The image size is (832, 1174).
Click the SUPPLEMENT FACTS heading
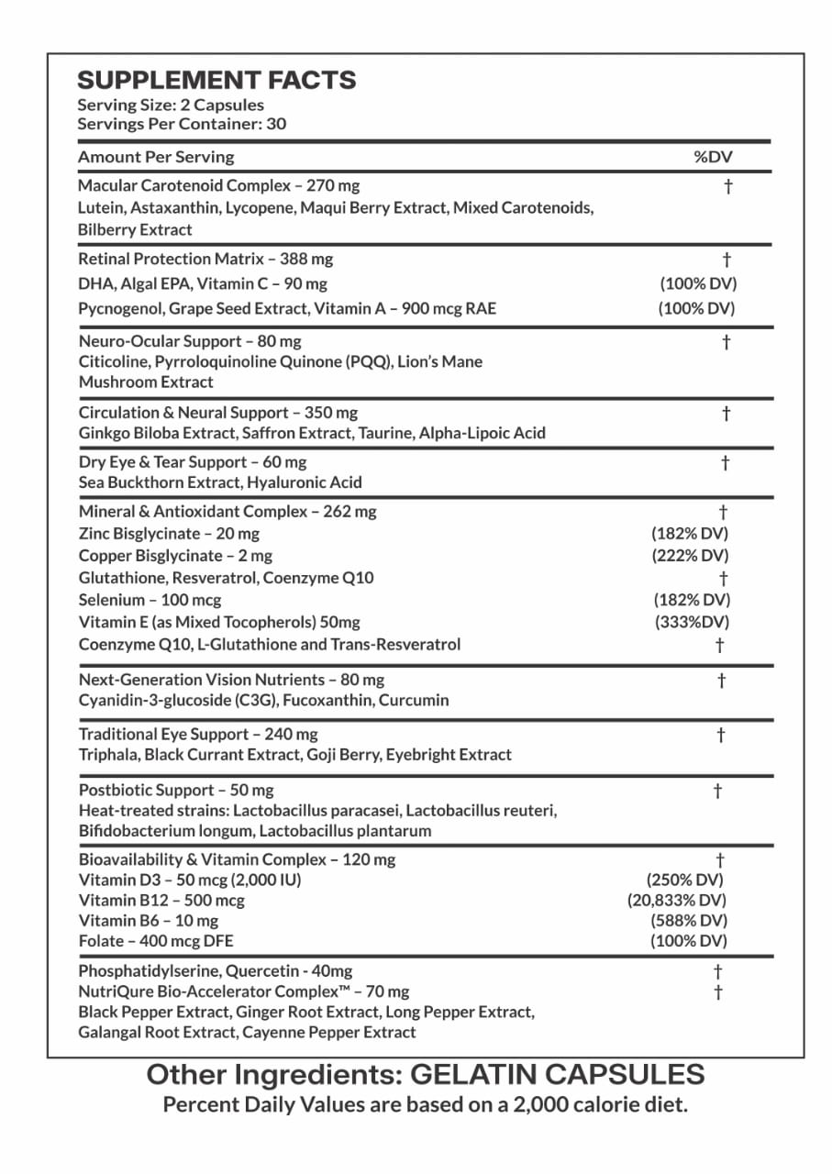point(216,81)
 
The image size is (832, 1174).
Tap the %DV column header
point(713,157)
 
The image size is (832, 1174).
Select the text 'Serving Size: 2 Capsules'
point(171,105)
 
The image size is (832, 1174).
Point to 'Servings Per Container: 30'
point(182,124)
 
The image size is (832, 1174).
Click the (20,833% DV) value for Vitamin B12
point(676,900)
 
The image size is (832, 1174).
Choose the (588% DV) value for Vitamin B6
point(688,920)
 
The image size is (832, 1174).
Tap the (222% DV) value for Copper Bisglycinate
point(690,555)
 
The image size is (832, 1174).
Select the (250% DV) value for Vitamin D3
point(686,880)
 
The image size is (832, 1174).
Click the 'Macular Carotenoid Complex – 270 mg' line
point(219,185)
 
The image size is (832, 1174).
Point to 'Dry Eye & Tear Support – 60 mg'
point(193,461)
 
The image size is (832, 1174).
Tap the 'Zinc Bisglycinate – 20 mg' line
point(169,533)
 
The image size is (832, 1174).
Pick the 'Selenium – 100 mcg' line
point(150,600)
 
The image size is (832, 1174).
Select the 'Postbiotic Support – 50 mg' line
point(176,790)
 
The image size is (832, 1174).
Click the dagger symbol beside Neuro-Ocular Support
point(726,342)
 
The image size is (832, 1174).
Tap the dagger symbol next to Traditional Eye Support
point(722,734)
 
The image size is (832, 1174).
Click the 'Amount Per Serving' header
point(156,157)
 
